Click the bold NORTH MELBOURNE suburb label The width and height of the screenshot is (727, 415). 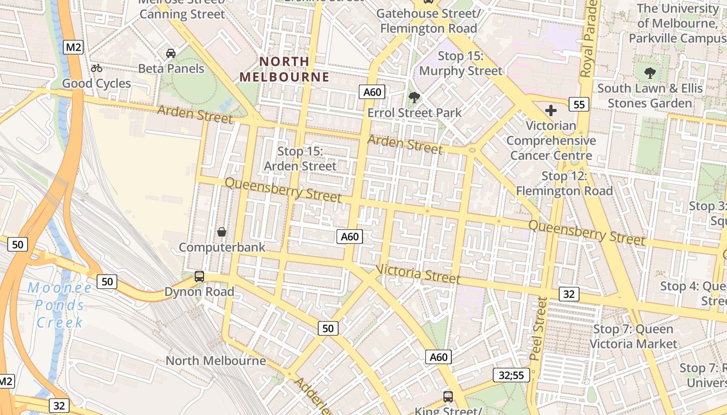tap(284, 69)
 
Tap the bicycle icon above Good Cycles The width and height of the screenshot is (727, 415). tap(97, 68)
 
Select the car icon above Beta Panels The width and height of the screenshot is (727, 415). tap(171, 53)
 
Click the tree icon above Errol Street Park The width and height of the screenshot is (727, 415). tap(414, 97)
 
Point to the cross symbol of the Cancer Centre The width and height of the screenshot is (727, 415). tap(551, 110)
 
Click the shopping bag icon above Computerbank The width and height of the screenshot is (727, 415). tap(222, 232)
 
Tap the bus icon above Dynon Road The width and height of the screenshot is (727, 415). tap(199, 276)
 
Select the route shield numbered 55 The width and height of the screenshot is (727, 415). tap(579, 105)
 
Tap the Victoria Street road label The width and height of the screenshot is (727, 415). tap(418, 273)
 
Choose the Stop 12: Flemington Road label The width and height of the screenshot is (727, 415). tap(564, 184)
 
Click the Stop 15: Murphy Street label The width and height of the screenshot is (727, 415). tap(461, 63)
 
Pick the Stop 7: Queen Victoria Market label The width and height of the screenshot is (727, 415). tap(633, 336)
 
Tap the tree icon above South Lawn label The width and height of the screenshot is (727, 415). tap(650, 73)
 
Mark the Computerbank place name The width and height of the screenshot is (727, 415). tap(222, 247)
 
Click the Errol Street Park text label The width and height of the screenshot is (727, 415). tap(414, 113)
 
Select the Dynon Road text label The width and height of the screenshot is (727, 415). tap(199, 292)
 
